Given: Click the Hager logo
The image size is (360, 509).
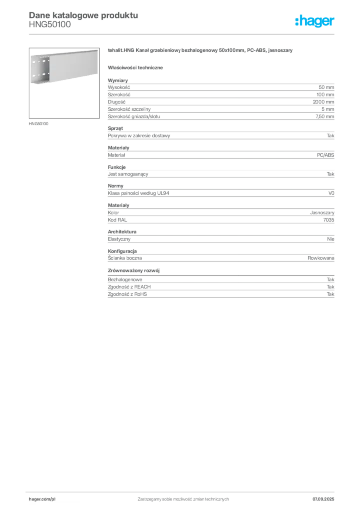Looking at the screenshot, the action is point(315,21).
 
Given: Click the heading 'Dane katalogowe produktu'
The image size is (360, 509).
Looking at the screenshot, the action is point(84,15).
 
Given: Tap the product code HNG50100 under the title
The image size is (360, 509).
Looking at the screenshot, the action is point(50,25).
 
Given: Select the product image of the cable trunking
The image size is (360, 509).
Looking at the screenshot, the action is point(64,83).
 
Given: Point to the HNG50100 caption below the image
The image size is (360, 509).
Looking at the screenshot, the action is point(39,124).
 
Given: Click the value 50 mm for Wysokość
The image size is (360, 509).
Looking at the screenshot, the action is point(326,87).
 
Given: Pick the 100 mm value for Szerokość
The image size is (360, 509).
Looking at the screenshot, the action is point(325,95).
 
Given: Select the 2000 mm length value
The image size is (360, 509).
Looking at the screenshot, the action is point(323,102).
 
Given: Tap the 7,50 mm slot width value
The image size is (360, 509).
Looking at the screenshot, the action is point(325,116).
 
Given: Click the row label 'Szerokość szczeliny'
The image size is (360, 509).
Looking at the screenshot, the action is point(129,109).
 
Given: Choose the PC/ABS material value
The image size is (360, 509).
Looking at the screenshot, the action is point(325,155).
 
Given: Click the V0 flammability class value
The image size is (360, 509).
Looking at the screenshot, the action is point(331,193).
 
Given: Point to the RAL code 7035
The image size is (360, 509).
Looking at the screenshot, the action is point(329,220).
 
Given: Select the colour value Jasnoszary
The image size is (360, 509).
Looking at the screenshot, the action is point(322,213).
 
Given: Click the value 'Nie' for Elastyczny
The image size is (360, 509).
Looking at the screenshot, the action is point(331,239).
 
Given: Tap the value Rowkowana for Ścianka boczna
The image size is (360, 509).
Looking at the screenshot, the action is point(321,258).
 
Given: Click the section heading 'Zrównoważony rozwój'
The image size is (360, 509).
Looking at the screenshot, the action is point(134,271).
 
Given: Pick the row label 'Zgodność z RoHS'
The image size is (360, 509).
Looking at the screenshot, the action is point(127,294).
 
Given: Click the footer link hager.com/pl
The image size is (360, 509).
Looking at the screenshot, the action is point(42,499).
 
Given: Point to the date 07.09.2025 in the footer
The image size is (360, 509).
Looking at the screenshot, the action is point(323,499).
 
